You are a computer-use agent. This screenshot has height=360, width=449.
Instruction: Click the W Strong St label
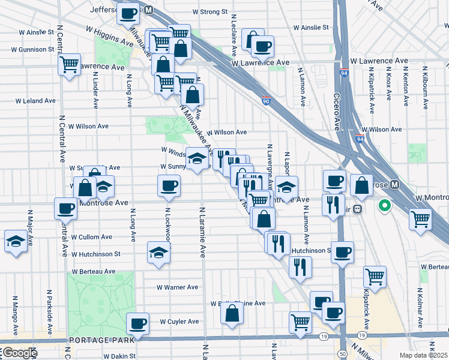point(210,11)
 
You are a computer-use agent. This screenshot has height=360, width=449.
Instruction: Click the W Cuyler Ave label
point(179,322)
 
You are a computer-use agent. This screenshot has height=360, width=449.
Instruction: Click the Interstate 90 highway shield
point(265,102)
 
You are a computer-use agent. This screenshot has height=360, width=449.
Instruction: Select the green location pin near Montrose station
point(384,206)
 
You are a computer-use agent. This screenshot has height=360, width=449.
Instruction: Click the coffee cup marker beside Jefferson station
point(127,13)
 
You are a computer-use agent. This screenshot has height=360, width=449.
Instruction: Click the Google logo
point(19,353)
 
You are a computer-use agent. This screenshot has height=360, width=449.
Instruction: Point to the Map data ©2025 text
point(424,355)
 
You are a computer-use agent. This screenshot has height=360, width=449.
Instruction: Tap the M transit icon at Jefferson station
point(148,10)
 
